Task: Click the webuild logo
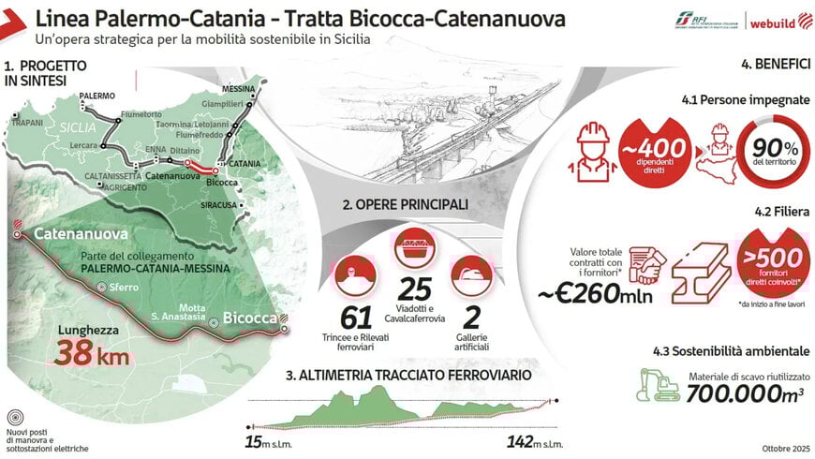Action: (775, 22)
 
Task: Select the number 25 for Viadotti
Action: (414, 290)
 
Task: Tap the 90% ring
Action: (772, 152)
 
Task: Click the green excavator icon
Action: (659, 382)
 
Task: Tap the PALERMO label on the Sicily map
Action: (96, 96)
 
